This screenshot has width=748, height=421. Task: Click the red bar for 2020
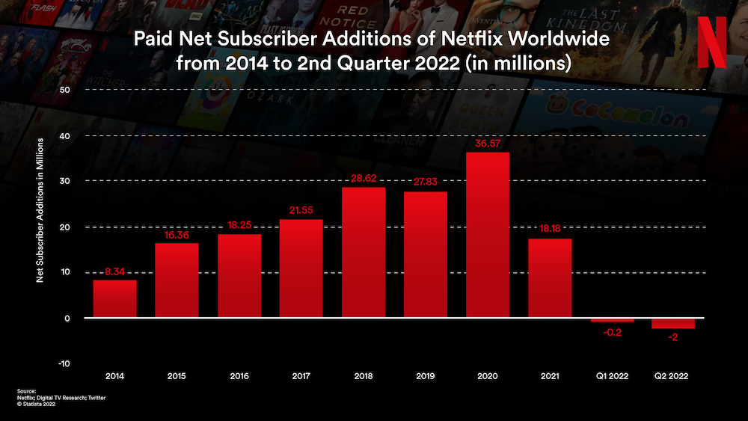click(x=488, y=236)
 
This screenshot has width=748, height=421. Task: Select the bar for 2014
click(x=114, y=298)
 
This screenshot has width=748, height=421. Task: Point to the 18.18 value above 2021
click(x=549, y=230)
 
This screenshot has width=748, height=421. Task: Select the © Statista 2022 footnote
click(x=37, y=405)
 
